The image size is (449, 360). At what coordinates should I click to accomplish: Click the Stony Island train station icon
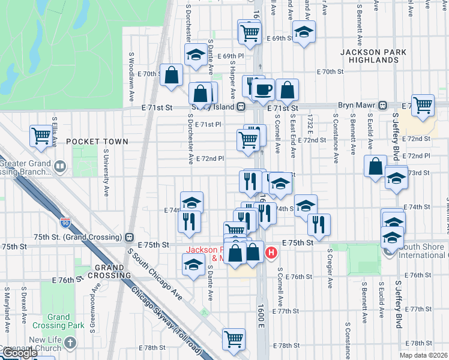pos(241,107)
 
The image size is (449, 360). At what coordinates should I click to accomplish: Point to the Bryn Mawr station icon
pos(382,105)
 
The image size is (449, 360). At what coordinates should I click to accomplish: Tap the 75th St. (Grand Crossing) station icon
pos(129,236)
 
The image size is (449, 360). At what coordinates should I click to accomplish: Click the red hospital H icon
pos(271,253)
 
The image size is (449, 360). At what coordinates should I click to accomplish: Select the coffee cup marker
pos(262,90)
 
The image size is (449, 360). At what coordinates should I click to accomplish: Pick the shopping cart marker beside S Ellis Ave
pos(41,136)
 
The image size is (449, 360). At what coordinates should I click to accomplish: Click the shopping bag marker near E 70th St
pos(172,75)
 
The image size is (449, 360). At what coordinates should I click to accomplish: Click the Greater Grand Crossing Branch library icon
pos(60,166)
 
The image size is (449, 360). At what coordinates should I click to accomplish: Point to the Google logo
pos(19,353)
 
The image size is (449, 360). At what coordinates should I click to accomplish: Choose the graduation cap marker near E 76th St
pos(193,265)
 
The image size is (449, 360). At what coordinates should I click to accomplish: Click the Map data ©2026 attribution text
pos(423,355)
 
